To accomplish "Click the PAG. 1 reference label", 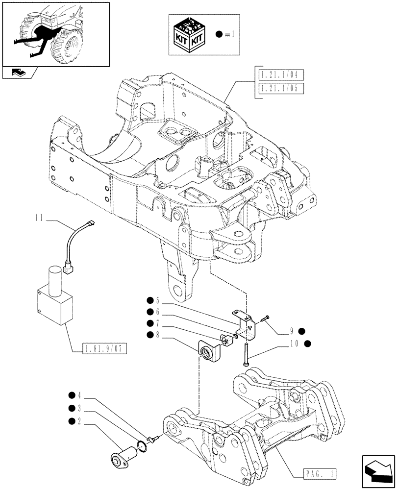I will [319, 474].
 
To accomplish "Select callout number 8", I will [158, 335].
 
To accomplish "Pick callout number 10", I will [293, 344].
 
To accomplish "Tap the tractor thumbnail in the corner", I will [55, 33].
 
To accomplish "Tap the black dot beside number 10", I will [307, 344].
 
